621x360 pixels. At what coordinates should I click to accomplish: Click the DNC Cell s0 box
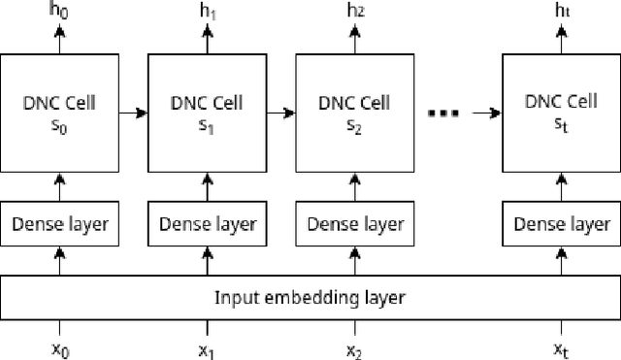59,113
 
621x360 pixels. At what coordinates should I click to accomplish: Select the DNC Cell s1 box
206,113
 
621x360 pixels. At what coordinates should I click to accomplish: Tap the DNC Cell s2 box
354,113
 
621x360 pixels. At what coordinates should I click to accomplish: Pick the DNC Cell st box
560,113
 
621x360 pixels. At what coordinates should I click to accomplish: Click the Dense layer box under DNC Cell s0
59,224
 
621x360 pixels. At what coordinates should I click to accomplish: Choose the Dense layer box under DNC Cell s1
206,224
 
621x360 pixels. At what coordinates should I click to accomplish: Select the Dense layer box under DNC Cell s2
354,224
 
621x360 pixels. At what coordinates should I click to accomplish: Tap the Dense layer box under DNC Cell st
560,224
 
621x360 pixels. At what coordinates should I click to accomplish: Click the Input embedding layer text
309,297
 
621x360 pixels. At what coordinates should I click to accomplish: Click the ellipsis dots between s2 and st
442,114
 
